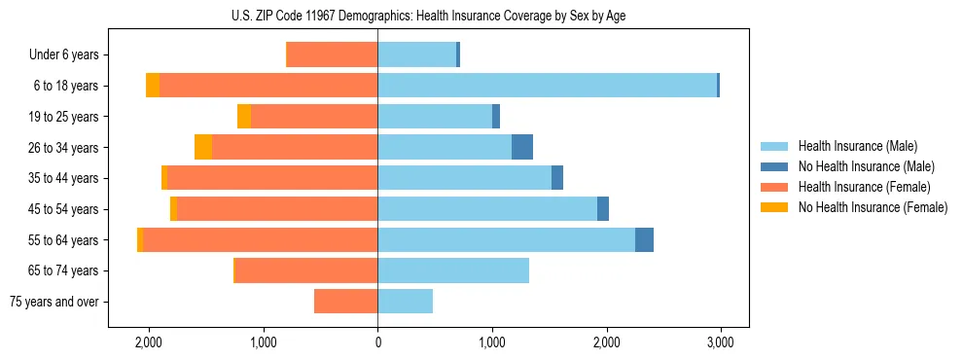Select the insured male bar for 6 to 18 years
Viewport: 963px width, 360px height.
(547, 86)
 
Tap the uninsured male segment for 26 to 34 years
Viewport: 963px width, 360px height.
(522, 147)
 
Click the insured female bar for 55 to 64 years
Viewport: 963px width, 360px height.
(260, 239)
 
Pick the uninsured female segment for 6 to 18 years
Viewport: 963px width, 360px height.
(153, 86)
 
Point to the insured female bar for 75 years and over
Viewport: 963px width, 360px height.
(345, 302)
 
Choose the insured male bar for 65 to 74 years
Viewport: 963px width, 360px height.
(453, 270)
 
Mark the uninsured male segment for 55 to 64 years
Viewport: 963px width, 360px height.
(644, 239)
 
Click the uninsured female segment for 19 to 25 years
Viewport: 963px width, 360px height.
(244, 117)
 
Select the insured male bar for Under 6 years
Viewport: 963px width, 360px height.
(416, 54)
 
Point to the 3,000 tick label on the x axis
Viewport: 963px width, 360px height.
(720, 342)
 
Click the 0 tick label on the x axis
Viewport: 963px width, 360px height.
(377, 342)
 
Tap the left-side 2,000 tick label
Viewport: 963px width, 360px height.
(149, 342)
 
